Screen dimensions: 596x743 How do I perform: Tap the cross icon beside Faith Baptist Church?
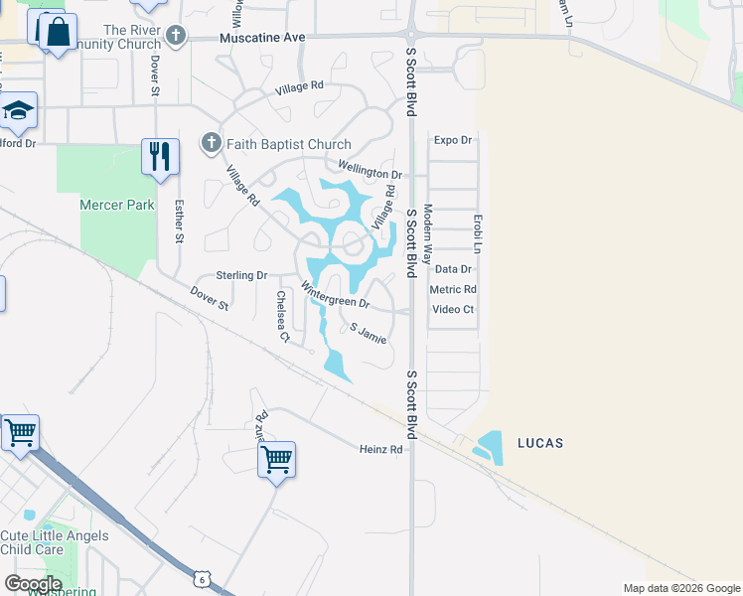click(x=211, y=144)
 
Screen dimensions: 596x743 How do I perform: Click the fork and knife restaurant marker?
click(x=159, y=156)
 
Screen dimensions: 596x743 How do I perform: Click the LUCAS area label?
click(x=539, y=442)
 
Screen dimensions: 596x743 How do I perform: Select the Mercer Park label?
click(x=117, y=205)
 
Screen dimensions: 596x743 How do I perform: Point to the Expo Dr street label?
click(x=453, y=140)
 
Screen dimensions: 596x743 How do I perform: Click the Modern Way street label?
click(x=428, y=233)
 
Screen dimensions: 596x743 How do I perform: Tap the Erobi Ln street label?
click(x=478, y=233)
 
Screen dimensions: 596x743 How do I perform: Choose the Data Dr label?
click(x=453, y=269)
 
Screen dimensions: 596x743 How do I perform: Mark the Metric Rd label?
click(x=453, y=289)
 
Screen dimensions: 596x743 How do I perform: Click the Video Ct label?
click(x=453, y=309)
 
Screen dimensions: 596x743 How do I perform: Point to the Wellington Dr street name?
click(x=370, y=171)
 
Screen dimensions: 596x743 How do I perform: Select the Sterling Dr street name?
click(x=241, y=275)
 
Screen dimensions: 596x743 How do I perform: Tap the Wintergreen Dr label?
click(x=335, y=297)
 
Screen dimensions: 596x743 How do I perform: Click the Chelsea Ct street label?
click(x=283, y=317)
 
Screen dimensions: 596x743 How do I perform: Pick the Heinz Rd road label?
click(x=380, y=449)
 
